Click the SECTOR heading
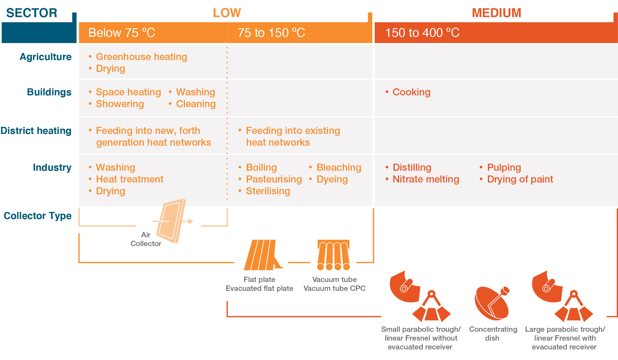coord(32,13)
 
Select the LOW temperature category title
coord(227,13)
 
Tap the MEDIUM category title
coord(497,13)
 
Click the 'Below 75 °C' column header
coord(121,33)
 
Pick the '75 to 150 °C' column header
coord(271,33)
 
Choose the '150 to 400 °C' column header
coord(422,33)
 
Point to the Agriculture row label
coord(46,57)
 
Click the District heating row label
coord(36,131)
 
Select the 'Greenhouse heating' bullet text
coord(141,57)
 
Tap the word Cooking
coord(411,92)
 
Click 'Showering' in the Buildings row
coord(120,104)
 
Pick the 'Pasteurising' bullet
coord(274,179)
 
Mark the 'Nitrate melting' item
coord(426,179)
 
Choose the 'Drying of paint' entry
coord(520,179)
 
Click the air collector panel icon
coord(171,221)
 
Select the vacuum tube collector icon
coord(334,255)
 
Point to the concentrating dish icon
coord(492,303)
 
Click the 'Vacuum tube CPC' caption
coord(334,288)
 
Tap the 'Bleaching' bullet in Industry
coord(339,167)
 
